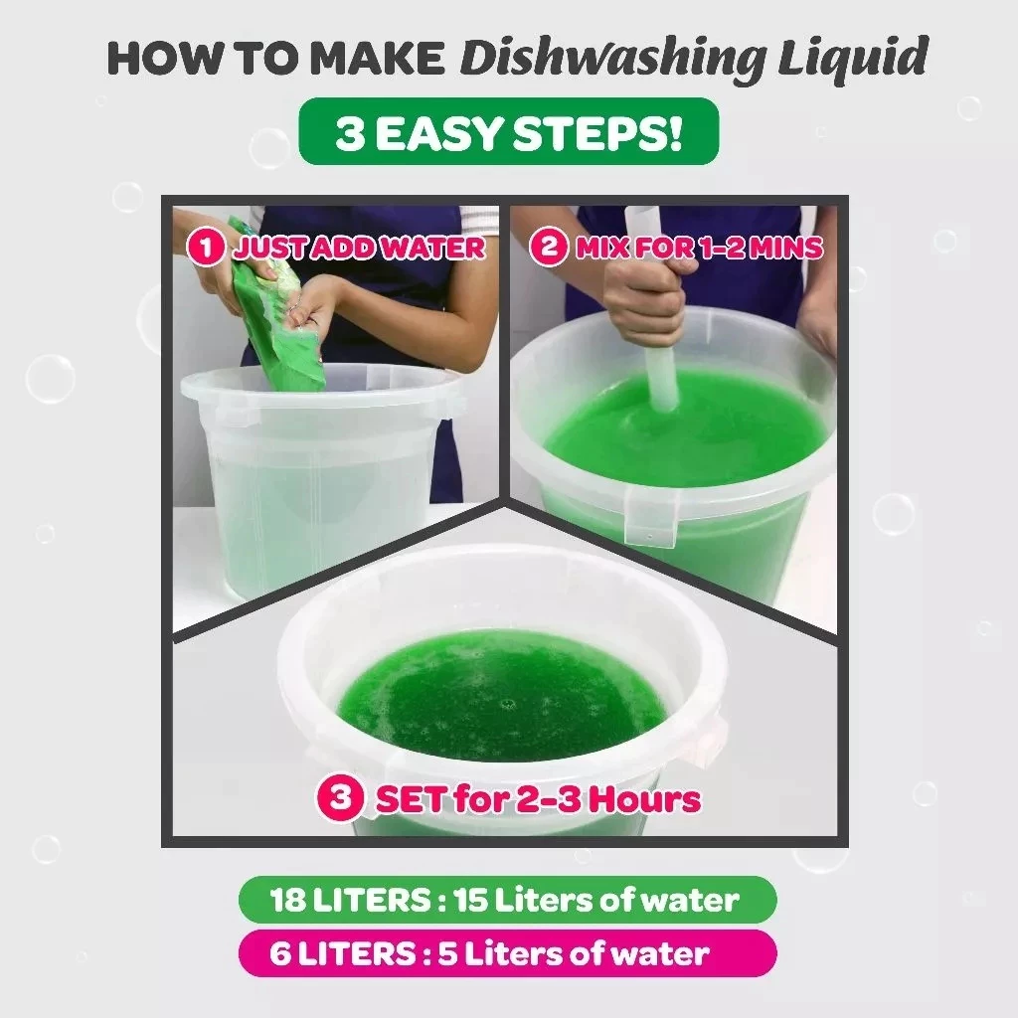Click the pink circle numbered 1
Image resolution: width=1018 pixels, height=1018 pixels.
(208, 248)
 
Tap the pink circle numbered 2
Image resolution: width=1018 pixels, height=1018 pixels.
(549, 247)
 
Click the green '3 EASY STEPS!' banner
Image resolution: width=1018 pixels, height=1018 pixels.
(508, 131)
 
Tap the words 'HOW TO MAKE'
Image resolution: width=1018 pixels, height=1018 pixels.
(275, 60)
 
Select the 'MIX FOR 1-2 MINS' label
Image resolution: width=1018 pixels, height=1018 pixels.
(699, 247)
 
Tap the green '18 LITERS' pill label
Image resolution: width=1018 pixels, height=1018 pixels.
(508, 900)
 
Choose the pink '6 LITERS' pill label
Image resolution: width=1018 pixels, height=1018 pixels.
(508, 953)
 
